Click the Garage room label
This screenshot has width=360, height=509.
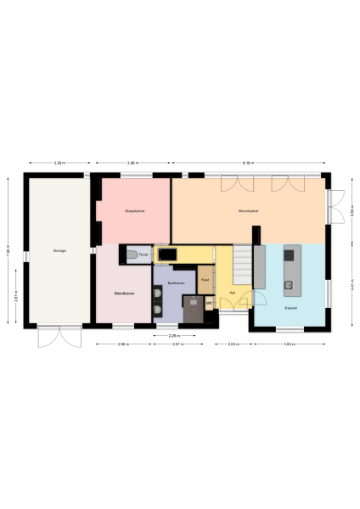click(x=59, y=251)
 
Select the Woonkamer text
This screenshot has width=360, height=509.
click(x=248, y=210)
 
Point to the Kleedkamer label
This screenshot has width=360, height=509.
click(x=124, y=294)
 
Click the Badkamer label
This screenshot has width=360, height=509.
click(x=177, y=282)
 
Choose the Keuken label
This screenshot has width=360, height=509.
click(x=290, y=308)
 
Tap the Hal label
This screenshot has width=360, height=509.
click(x=232, y=294)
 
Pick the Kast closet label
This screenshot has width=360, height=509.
click(x=205, y=277)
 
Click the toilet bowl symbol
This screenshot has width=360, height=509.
click(x=130, y=254)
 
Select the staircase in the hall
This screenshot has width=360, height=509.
click(x=244, y=264)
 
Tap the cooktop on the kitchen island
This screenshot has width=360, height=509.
click(x=290, y=253)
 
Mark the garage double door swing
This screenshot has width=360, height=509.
click(x=59, y=337)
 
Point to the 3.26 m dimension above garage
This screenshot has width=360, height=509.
click(x=59, y=162)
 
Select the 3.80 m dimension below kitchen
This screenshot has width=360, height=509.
click(x=289, y=344)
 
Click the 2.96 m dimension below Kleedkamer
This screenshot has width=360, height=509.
click(x=123, y=344)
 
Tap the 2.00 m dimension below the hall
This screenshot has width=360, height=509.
click(x=232, y=344)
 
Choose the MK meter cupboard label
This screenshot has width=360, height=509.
click(x=209, y=302)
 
